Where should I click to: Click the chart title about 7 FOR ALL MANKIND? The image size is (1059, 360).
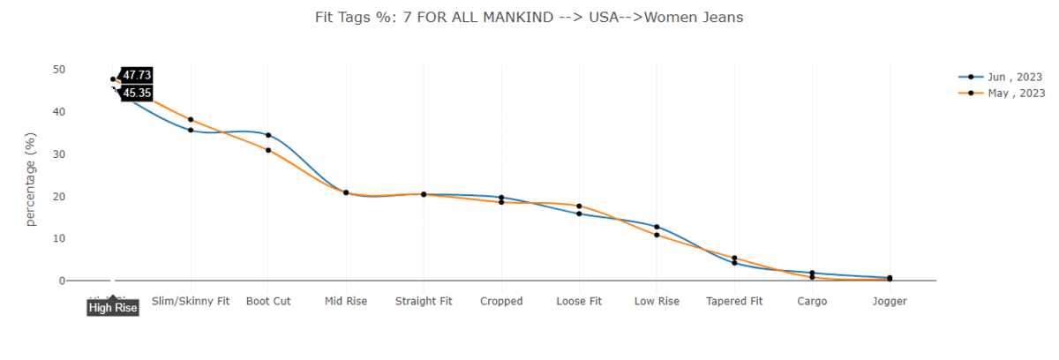click(x=529, y=18)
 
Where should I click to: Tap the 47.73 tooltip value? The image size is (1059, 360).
click(x=137, y=75)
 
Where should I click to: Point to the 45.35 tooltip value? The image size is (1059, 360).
click(x=137, y=93)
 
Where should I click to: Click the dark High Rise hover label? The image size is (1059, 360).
click(x=113, y=308)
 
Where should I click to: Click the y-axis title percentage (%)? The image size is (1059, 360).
click(x=31, y=179)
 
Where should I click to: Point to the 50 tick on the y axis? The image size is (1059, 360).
click(x=59, y=70)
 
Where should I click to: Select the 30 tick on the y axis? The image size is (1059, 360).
click(x=59, y=154)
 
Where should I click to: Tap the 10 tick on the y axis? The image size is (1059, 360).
click(x=59, y=239)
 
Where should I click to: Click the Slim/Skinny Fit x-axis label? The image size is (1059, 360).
click(x=191, y=301)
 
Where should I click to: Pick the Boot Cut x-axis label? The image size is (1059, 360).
click(x=268, y=301)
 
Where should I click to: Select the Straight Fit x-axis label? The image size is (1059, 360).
click(x=424, y=301)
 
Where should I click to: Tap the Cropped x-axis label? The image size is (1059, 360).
click(x=501, y=301)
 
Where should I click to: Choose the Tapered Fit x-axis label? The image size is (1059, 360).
click(x=734, y=301)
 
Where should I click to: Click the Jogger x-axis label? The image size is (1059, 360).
click(x=890, y=301)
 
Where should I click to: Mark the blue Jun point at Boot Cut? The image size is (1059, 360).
click(x=268, y=135)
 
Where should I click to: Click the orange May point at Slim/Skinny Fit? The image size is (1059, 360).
click(x=191, y=119)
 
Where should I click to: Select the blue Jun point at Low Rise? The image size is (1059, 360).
click(x=657, y=227)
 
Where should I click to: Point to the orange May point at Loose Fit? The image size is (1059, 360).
click(x=579, y=206)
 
